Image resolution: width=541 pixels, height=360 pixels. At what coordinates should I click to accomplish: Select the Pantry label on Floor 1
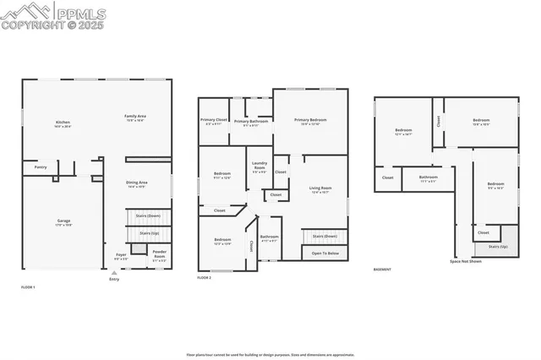(x=41, y=167)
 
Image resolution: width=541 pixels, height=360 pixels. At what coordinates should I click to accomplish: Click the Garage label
(x=63, y=221)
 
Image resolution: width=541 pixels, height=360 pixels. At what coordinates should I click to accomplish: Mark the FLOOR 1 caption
(x=29, y=288)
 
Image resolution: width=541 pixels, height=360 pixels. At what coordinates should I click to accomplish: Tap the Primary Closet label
(x=214, y=120)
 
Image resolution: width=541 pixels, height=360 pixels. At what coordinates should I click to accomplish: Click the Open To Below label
(x=325, y=254)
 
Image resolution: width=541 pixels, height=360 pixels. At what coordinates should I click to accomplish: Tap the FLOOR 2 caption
(x=204, y=277)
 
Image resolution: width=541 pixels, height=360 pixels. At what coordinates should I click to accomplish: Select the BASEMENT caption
(x=382, y=270)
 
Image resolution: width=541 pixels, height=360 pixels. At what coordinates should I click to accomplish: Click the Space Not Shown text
(x=466, y=261)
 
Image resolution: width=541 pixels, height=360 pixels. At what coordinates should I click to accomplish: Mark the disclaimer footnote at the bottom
(x=270, y=354)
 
